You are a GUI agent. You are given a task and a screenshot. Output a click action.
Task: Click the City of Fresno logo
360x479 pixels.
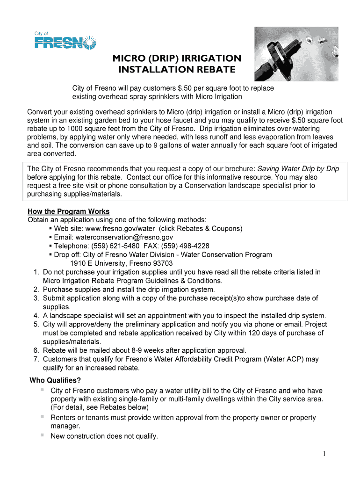click(65, 40)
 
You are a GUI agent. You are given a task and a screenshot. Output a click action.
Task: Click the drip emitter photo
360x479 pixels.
click(302, 54)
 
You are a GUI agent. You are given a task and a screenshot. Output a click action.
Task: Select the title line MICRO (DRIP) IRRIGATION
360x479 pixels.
click(177, 58)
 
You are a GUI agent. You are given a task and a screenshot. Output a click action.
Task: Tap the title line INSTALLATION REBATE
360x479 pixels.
click(176, 70)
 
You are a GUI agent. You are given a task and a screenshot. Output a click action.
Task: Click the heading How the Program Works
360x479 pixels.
click(69, 211)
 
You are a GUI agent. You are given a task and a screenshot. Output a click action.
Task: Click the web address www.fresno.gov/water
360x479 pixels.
click(120, 229)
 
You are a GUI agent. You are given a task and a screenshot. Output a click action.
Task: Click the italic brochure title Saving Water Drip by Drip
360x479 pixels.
click(298, 169)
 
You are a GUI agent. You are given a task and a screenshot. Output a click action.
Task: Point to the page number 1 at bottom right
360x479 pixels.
click(324, 454)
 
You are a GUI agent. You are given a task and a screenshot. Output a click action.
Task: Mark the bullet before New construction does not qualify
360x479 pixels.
click(42, 435)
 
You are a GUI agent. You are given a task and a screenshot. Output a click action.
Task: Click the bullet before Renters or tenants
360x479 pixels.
click(42, 416)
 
